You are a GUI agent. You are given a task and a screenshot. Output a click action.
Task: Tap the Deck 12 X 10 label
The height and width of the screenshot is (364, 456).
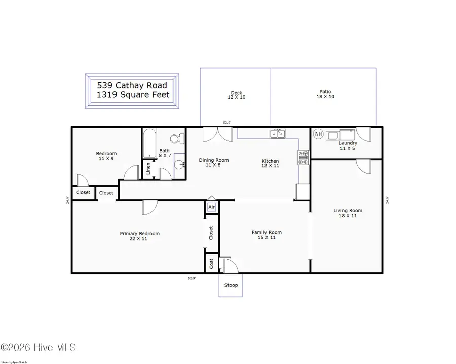pyautogui.click(x=236, y=95)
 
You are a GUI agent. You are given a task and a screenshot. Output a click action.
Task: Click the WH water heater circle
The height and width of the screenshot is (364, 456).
pyautogui.click(x=318, y=134)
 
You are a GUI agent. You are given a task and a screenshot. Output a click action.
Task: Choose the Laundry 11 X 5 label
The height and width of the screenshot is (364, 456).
pyautogui.click(x=348, y=145)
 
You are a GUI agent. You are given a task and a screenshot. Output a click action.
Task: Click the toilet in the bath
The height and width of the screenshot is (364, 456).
pyautogui.click(x=175, y=138)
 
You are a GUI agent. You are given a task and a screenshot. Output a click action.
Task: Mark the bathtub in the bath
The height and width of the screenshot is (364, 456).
pyautogui.click(x=149, y=143)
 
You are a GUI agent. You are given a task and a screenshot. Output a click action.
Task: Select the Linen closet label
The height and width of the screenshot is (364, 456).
pyautogui.click(x=148, y=168)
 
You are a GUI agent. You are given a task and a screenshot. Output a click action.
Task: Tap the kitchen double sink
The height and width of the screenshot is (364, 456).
pyautogui.click(x=277, y=134)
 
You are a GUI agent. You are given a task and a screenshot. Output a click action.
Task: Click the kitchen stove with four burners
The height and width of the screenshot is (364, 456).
pyautogui.click(x=303, y=158)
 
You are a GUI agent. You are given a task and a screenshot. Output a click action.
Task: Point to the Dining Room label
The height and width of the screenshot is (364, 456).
pyautogui.click(x=213, y=163)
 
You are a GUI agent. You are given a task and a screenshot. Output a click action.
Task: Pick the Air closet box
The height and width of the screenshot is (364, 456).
pyautogui.click(x=212, y=207)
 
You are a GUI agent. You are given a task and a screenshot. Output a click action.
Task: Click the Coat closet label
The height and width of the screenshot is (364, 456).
pyautogui.click(x=211, y=264)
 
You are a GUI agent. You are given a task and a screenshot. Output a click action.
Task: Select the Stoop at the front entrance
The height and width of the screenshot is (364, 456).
pyautogui.click(x=231, y=285)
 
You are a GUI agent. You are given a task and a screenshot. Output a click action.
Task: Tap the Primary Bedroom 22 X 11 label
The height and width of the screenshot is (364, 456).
pyautogui.click(x=139, y=236)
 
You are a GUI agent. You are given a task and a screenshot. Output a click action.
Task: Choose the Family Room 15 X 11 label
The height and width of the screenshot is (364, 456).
pyautogui.click(x=267, y=235)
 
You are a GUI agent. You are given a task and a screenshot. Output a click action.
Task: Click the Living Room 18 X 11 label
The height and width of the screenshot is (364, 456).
pyautogui.click(x=348, y=213)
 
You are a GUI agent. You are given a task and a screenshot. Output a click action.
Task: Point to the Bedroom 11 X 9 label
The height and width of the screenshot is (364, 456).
pyautogui.click(x=106, y=156)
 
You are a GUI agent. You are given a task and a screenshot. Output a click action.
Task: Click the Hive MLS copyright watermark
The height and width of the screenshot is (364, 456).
pyautogui.click(x=38, y=348)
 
